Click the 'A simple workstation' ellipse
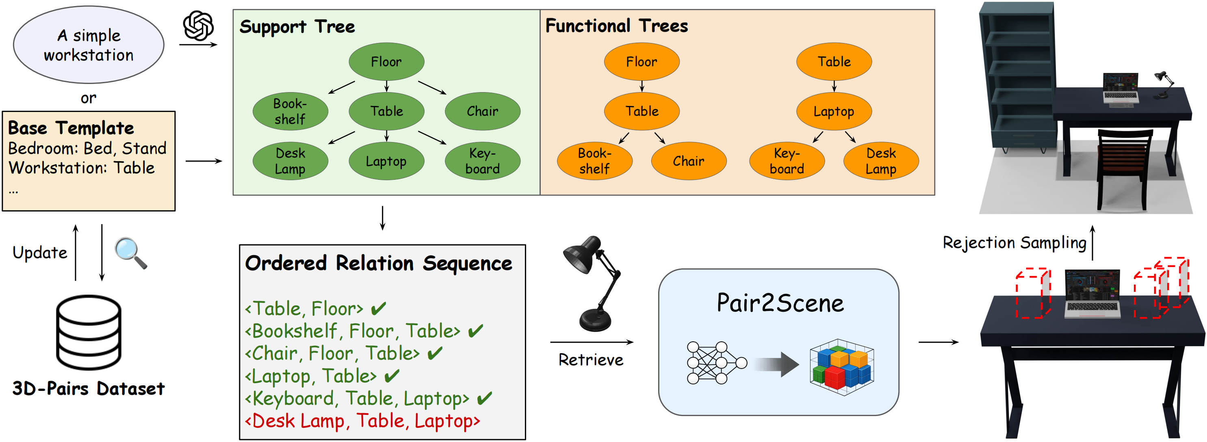click(x=89, y=45)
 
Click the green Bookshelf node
click(x=290, y=112)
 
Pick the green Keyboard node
click(x=482, y=161)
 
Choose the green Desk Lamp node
click(x=290, y=161)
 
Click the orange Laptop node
click(x=834, y=112)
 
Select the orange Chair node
click(x=688, y=161)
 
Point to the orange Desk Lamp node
click(x=881, y=161)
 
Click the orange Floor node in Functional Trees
click(x=641, y=61)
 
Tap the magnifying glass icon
click(x=131, y=253)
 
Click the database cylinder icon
click(x=89, y=332)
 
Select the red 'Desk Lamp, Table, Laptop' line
click(x=362, y=420)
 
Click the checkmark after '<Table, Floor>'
click(x=378, y=308)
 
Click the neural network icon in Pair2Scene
click(x=716, y=363)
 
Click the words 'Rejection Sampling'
click(x=1014, y=243)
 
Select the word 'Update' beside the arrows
click(x=40, y=253)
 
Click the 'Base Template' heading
click(x=71, y=128)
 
